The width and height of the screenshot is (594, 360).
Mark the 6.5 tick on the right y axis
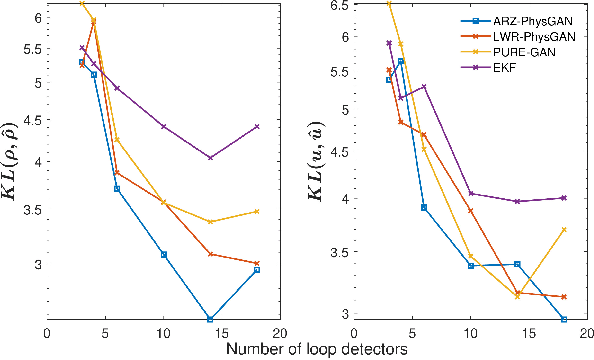click(341, 5)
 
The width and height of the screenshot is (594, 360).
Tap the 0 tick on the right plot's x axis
click(355, 332)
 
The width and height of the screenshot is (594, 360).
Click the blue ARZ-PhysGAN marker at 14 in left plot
click(210, 319)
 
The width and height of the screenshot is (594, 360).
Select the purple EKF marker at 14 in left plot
click(210, 157)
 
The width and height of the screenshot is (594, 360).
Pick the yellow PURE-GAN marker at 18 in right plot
click(564, 229)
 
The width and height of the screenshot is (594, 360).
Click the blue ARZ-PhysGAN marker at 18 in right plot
click(564, 319)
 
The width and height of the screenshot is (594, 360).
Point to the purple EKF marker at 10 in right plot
click(470, 193)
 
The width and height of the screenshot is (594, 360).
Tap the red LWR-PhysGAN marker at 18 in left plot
click(257, 263)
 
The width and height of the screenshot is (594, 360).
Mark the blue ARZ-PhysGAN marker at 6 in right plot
click(424, 207)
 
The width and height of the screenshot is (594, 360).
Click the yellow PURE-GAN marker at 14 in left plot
click(210, 221)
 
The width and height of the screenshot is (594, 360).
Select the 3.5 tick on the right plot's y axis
click(341, 252)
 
